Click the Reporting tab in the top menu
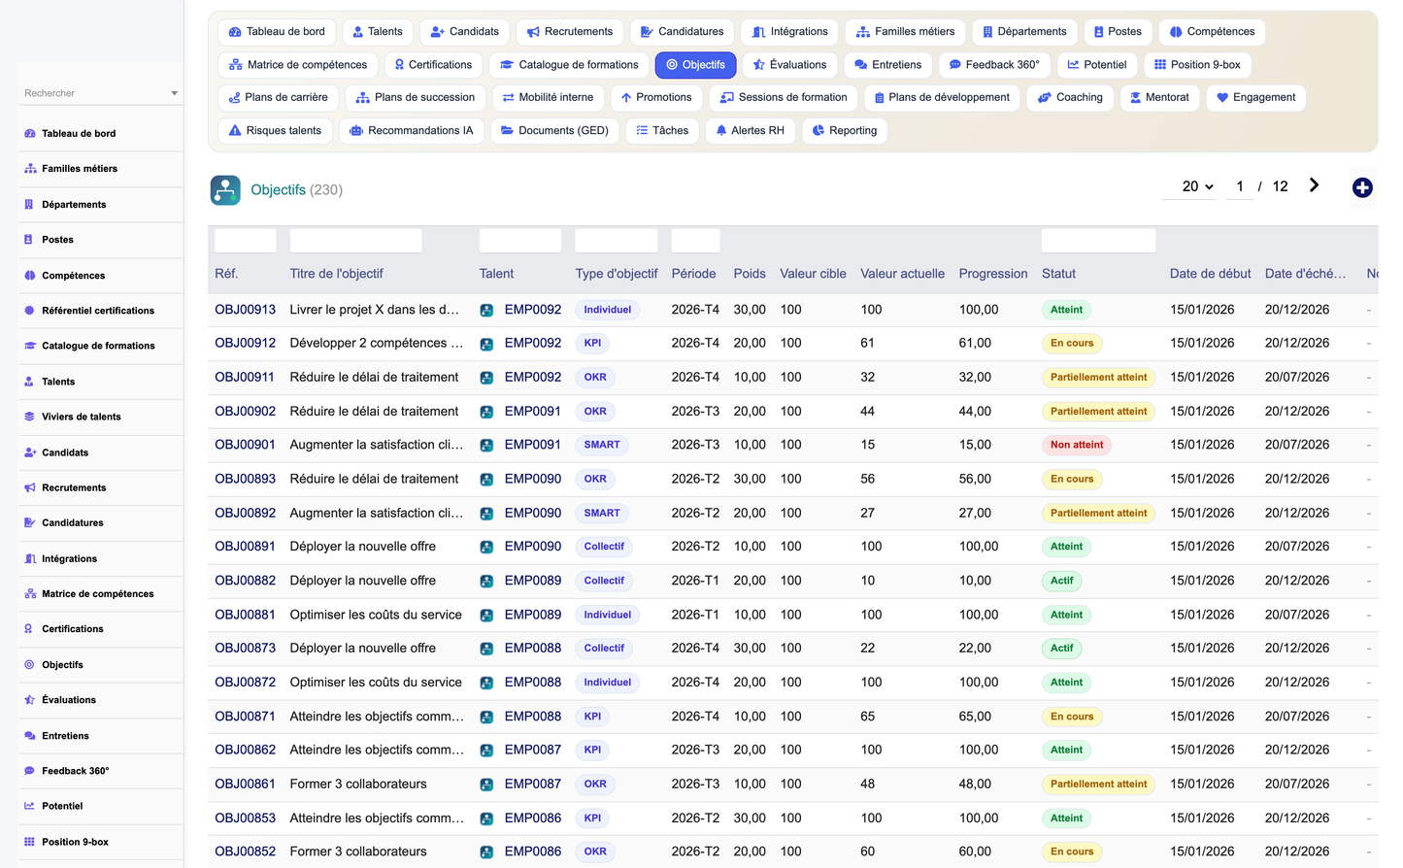pos(845,130)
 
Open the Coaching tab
pos(1070,97)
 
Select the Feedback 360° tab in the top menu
pos(994,64)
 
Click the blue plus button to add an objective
pos(1361,187)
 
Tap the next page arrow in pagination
pos(1314,185)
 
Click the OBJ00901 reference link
pos(245,445)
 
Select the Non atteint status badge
pos(1076,445)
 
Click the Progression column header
pos(992,274)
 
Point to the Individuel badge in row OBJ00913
pos(607,310)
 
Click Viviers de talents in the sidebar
pos(82,417)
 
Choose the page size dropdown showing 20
pos(1197,186)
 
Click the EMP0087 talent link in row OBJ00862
pos(532,750)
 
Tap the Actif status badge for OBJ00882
pos(1061,581)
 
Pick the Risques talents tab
pos(275,130)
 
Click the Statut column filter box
pos(1098,241)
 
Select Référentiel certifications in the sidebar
pos(98,311)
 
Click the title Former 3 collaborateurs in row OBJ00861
pos(358,785)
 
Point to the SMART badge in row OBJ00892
pos(601,513)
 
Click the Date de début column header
pos(1210,274)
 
